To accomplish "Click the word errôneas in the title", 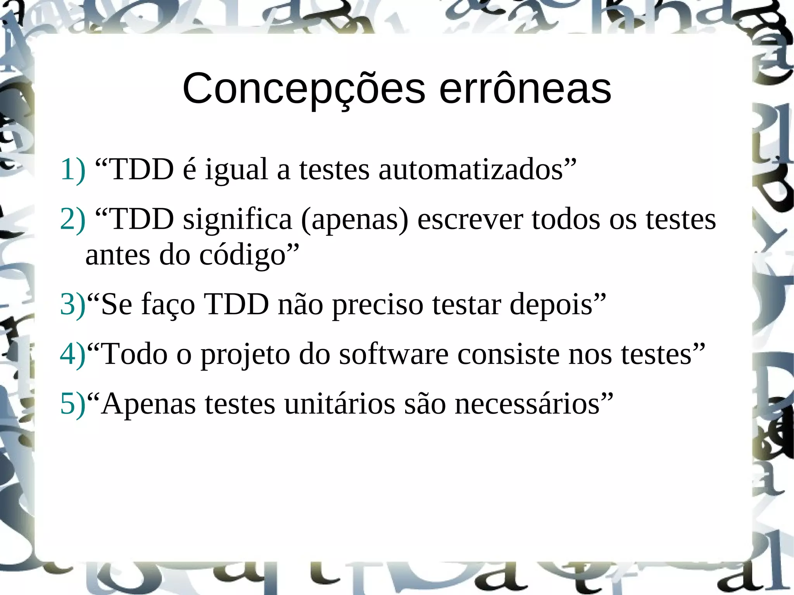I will pos(525,89).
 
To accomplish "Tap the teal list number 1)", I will pos(72,170).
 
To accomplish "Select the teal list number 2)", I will pos(72,219).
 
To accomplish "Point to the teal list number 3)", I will pos(72,304).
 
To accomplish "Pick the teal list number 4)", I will pos(72,354).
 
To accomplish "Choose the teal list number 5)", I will pos(72,404).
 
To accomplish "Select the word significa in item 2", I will pos(237,219).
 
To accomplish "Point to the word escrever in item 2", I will pos(470,219).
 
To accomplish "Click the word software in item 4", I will pos(394,354).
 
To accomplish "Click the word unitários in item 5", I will pos(340,404).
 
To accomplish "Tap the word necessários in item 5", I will pos(527,404).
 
